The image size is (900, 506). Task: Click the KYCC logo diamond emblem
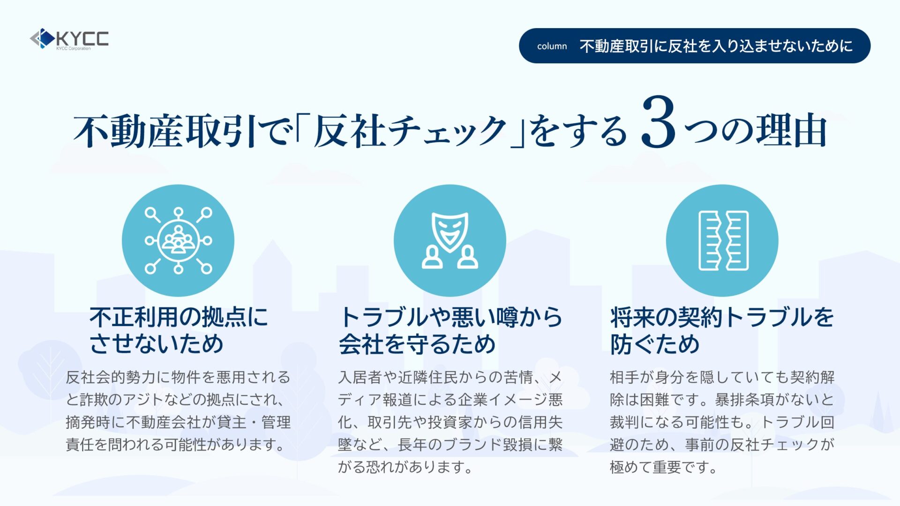click(42, 38)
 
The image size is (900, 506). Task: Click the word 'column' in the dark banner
click(552, 46)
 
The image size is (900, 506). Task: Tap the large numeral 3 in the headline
click(659, 123)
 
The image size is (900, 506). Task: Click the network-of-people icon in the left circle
click(178, 240)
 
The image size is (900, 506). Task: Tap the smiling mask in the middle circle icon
click(450, 231)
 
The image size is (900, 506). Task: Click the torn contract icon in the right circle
click(723, 240)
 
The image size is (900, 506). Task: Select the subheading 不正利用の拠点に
click(179, 317)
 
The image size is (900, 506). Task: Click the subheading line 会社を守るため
click(417, 344)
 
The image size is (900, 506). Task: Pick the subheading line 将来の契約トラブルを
click(722, 317)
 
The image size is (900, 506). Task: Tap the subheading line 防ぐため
click(655, 344)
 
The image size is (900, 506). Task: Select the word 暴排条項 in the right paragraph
click(745, 400)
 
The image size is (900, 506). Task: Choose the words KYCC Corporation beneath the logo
click(73, 48)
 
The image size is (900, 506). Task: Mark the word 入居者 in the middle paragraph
click(360, 377)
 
